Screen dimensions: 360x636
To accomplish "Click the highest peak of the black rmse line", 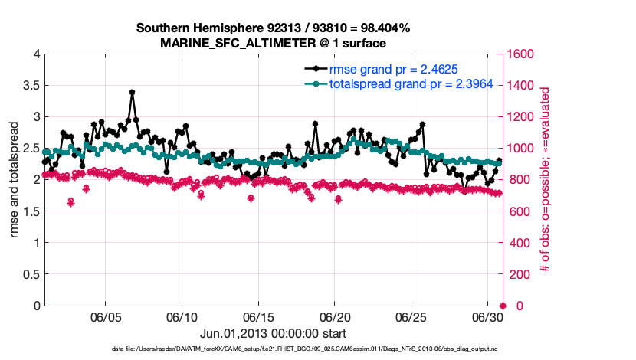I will (132, 93).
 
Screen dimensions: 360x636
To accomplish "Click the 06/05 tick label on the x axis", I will (107, 317).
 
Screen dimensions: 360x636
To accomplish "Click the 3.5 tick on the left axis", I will (30, 86).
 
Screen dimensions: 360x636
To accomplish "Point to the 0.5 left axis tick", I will (30, 274).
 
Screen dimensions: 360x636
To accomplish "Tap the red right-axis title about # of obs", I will (546, 180).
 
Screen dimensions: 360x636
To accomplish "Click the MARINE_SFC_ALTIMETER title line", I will (273, 43).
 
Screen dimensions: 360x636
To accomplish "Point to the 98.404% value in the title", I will (382, 28).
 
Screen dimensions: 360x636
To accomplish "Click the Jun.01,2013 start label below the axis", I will (273, 333).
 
